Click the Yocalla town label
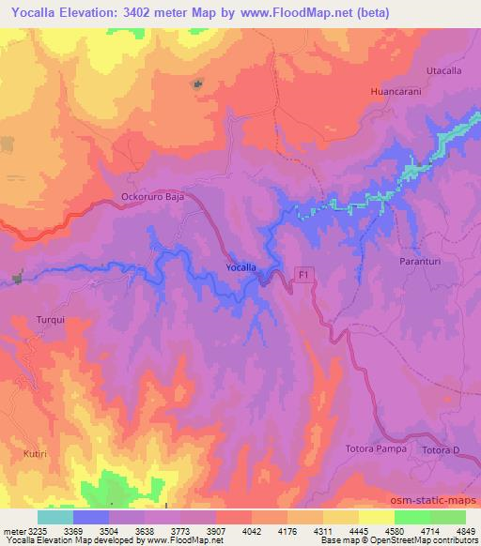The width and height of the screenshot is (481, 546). tap(241, 268)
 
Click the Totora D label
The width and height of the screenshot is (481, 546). tap(441, 452)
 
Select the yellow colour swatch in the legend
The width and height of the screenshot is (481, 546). tap(376, 517)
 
